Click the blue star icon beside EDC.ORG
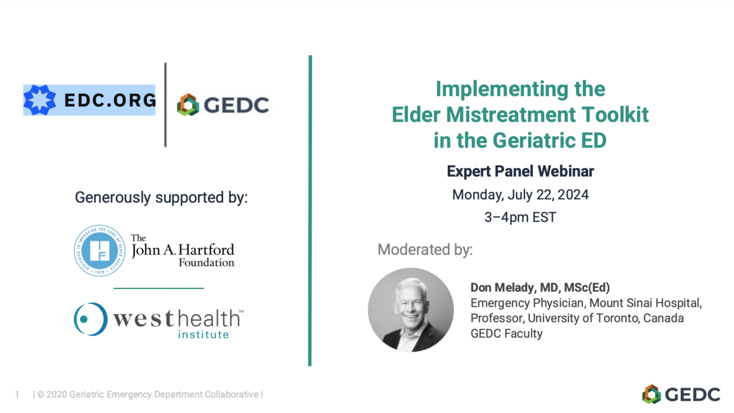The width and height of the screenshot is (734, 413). click(x=40, y=100)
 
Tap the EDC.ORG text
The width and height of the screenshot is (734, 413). click(x=110, y=100)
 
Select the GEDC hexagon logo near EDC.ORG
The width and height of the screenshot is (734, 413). click(x=188, y=105)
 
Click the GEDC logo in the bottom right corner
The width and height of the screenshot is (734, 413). click(x=681, y=394)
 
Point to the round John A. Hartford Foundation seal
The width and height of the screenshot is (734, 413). click(x=100, y=251)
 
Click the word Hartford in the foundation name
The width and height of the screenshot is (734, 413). click(x=206, y=250)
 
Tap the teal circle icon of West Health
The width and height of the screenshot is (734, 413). click(x=91, y=319)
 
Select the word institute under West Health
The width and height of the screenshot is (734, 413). click(x=204, y=334)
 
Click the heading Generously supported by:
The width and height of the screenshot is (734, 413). click(x=161, y=197)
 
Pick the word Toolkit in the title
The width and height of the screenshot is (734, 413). click(x=615, y=115)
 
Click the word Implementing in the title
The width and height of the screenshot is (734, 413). click(x=502, y=89)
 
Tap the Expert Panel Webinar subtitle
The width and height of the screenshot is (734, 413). click(x=520, y=171)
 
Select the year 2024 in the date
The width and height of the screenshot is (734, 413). click(x=573, y=194)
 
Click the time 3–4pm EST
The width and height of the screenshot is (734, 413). click(x=520, y=217)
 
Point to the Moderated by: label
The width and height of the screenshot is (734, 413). click(x=425, y=250)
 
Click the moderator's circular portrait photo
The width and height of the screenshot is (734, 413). click(x=411, y=310)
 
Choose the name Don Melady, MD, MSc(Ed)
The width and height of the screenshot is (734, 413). click(x=540, y=287)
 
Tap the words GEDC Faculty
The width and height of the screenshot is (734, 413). click(x=506, y=334)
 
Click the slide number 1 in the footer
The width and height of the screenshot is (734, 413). click(x=17, y=394)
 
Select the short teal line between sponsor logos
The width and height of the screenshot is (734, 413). click(x=159, y=288)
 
